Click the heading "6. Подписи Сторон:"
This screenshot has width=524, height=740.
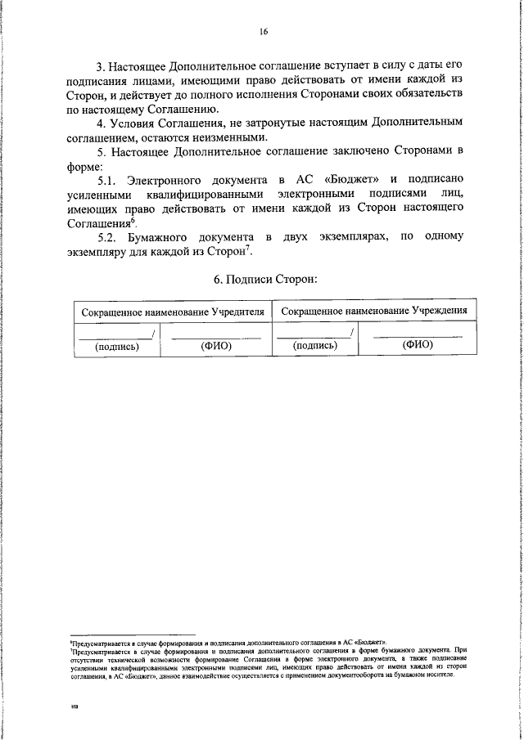click(x=265, y=279)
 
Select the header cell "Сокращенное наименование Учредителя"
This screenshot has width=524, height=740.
click(x=173, y=312)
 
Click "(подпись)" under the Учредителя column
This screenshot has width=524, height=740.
click(x=117, y=346)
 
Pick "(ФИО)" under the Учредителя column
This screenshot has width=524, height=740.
click(x=217, y=346)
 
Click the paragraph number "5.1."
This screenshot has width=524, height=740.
click(x=110, y=180)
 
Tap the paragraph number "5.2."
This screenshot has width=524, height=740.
click(x=110, y=236)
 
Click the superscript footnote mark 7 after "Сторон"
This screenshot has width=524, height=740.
click(x=274, y=248)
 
